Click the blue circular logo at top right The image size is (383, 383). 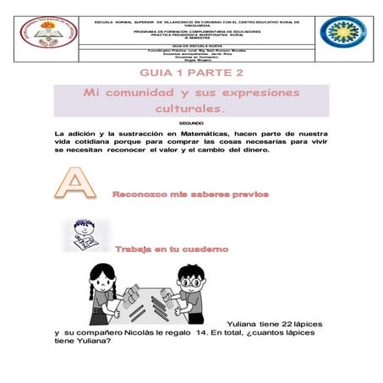[x=342, y=34]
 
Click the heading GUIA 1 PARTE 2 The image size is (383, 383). [x=191, y=74]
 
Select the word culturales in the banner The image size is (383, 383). [x=190, y=110]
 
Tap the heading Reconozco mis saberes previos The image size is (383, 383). [x=190, y=194]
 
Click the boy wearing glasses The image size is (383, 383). [x=187, y=287]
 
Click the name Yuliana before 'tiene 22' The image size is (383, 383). [x=246, y=324]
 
